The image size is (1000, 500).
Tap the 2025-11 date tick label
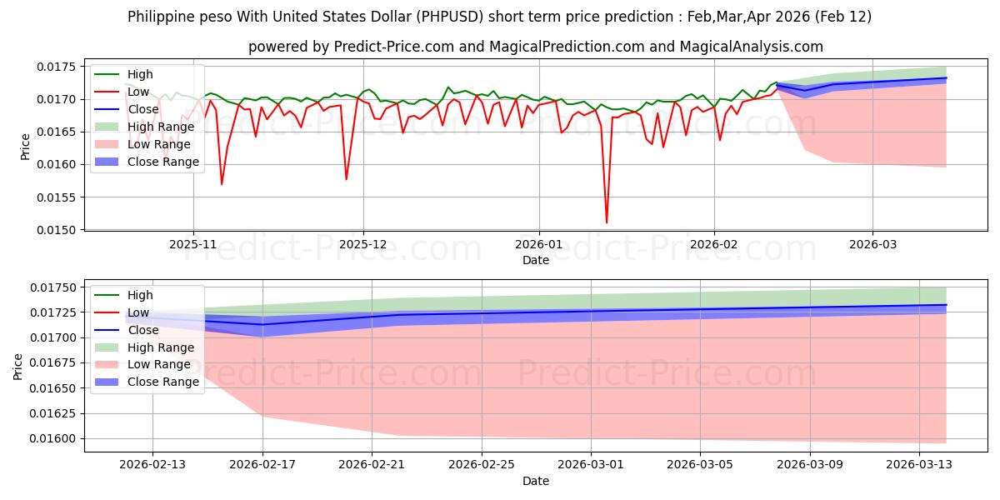[x=193, y=245]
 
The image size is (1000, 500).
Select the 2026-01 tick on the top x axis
[x=538, y=245]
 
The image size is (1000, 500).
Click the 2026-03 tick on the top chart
[x=872, y=245]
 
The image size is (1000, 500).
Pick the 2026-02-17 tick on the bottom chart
[x=262, y=465]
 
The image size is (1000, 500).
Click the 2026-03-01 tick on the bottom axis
[x=591, y=465]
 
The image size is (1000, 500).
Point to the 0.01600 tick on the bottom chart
[x=53, y=438]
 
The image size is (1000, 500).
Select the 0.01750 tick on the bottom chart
[x=53, y=287]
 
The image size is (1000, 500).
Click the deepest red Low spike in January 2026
[x=607, y=222]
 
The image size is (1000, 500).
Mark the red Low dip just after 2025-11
[x=222, y=184]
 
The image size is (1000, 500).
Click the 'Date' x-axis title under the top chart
[x=535, y=260]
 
